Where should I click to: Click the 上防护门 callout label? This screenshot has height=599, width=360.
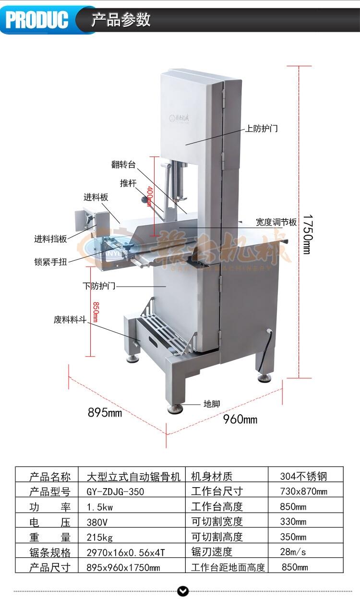262,129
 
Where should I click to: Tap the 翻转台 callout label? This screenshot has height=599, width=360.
123,165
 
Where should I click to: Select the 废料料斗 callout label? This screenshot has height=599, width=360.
70,320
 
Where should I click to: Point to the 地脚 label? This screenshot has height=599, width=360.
212,404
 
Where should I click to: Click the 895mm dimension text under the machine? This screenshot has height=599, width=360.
105,412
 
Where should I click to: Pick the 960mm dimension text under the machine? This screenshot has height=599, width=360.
240,419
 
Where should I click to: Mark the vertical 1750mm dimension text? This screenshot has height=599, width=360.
306,234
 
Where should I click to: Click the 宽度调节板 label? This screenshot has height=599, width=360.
276,222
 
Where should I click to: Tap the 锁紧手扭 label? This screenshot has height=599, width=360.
50,262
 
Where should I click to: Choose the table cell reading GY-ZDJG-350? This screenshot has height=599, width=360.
115,491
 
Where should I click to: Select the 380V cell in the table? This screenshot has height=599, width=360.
97,522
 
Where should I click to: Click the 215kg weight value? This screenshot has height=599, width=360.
100,537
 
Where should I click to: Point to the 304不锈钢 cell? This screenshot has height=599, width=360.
303,476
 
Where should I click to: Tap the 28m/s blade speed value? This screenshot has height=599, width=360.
294,552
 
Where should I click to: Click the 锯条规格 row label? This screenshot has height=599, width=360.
50,552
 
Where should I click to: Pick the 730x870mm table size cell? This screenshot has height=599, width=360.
303,491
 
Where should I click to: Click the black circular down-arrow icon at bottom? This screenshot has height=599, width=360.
183,591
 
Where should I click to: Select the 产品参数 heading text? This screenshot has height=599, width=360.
121,20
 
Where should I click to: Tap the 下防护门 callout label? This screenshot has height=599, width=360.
99,286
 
